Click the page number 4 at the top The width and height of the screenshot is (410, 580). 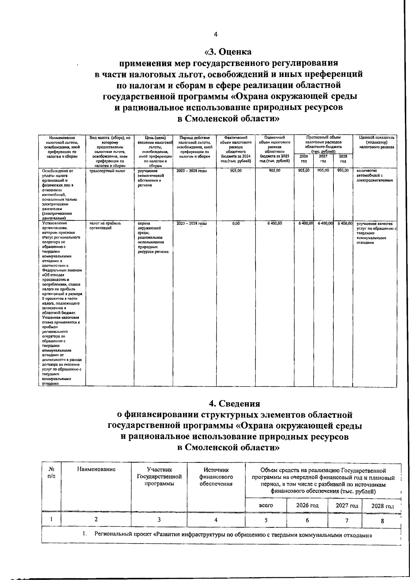pos(215,34)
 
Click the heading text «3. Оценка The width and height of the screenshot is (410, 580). pos(228,52)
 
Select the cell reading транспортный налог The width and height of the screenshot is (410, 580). pos(103,170)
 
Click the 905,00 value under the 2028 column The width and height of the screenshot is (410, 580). pos(343,170)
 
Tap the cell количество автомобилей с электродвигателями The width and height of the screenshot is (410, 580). pos(374,175)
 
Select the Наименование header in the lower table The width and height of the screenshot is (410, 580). pos(96,469)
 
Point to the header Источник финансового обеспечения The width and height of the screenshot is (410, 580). pos(216,477)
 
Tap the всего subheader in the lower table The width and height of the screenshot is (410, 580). pos(265,505)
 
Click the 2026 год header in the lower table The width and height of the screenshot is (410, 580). pos(307,505)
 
